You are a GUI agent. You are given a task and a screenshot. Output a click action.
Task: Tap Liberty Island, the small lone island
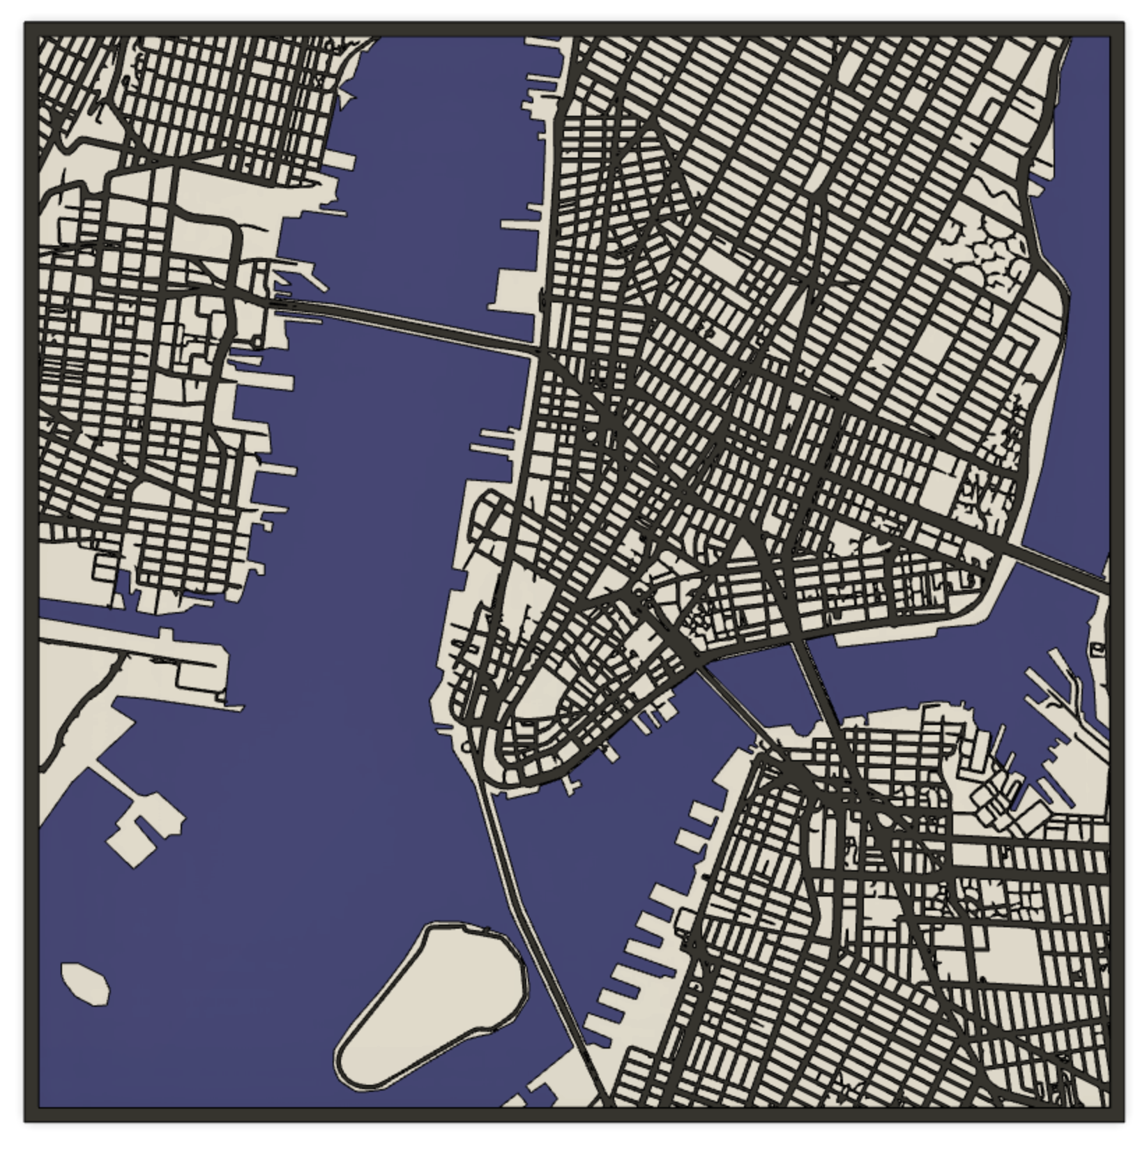pyautogui.click(x=85, y=983)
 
